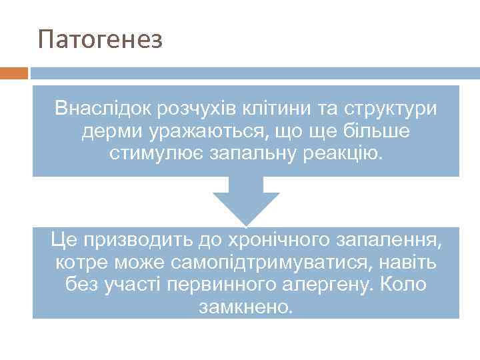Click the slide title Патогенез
(x=101, y=39)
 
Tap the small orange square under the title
(x=14, y=72)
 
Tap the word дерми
(x=109, y=132)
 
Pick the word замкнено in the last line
(x=245, y=308)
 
